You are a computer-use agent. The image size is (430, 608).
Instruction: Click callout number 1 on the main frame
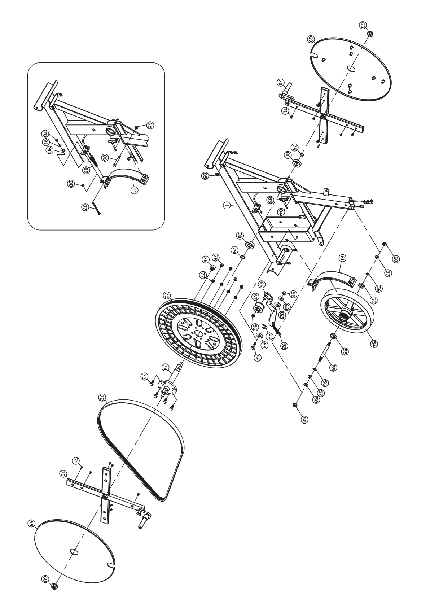point(227,205)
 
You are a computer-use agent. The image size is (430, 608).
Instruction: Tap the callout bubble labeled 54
point(374,344)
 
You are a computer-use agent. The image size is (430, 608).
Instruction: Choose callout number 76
point(205,259)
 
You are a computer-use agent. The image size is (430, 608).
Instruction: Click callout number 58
point(316,400)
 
